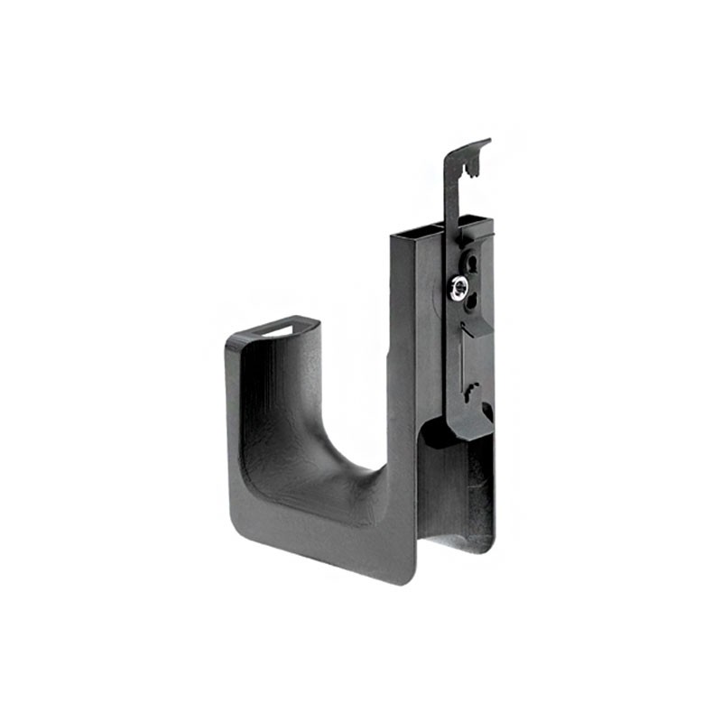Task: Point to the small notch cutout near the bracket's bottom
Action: pyautogui.click(x=471, y=394)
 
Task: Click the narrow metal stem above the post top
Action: pyautogui.click(x=450, y=194)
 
